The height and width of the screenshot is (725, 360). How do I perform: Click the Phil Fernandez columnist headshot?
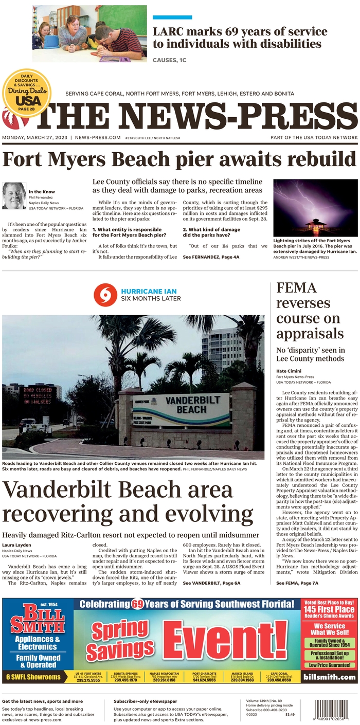pyautogui.click(x=14, y=195)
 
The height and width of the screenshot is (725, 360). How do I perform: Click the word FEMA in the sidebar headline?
pyautogui.click(x=296, y=287)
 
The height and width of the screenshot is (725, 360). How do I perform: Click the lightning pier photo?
pyautogui.click(x=315, y=207)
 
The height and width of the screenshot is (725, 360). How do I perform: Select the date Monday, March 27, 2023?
pyautogui.click(x=35, y=138)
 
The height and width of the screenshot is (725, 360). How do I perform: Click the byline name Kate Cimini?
pyautogui.click(x=289, y=371)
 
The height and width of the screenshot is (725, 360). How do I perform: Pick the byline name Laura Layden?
pyautogui.click(x=17, y=544)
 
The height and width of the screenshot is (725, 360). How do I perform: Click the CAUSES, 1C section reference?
pyautogui.click(x=169, y=60)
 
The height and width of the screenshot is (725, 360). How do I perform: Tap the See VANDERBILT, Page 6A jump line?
pyautogui.click(x=212, y=584)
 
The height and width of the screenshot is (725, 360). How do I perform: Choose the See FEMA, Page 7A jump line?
pyautogui.click(x=297, y=583)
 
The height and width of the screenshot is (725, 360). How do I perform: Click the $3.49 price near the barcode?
pyautogui.click(x=290, y=714)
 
